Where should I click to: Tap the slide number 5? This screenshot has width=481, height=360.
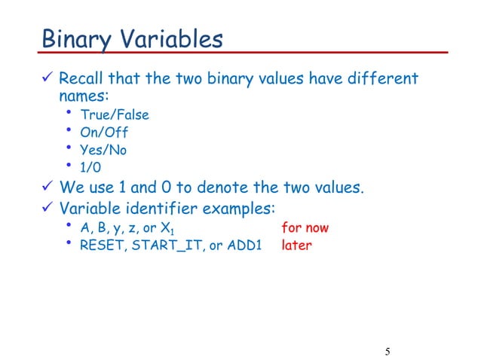[387, 351]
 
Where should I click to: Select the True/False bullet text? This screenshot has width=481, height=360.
[115, 115]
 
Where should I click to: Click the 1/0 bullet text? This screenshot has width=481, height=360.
[91, 167]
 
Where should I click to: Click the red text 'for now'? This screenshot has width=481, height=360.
[305, 227]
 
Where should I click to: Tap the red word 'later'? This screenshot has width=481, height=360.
[296, 245]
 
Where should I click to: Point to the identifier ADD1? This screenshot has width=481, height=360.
[243, 245]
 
